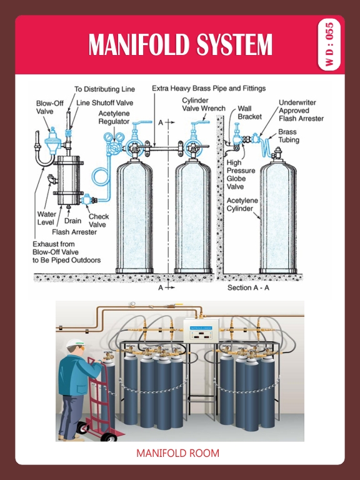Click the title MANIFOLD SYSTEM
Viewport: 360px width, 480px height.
coord(180,45)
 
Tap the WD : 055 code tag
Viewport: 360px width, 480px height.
coord(329,45)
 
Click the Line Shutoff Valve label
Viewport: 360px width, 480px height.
coord(104,102)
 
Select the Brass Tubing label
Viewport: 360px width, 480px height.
coord(287,136)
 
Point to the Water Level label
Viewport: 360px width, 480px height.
coord(46,218)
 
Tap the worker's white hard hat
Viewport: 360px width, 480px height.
coord(75,343)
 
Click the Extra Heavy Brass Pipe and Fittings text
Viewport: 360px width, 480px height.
coord(209,89)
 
